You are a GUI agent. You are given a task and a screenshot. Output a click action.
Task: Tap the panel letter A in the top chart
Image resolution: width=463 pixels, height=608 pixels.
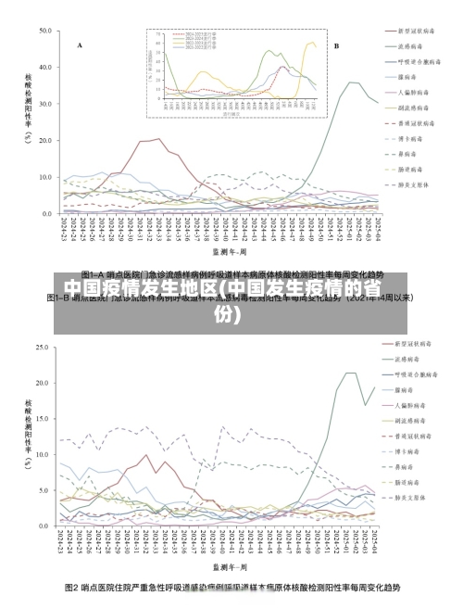click(x=79, y=44)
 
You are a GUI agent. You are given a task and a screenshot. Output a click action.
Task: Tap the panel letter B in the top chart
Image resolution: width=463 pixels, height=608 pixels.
click(x=336, y=44)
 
